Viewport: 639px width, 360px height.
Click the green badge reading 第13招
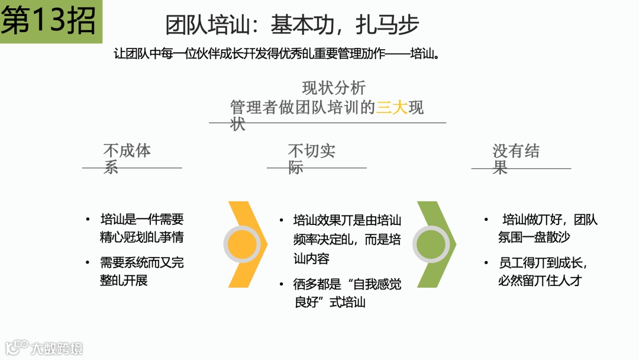(49, 21)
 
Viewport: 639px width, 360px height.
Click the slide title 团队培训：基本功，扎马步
(292, 25)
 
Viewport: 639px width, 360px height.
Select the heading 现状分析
(334, 88)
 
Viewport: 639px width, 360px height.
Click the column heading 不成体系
(127, 158)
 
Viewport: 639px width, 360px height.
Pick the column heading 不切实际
(311, 159)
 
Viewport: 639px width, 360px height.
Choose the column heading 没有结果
(515, 159)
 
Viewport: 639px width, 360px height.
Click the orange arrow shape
(247, 244)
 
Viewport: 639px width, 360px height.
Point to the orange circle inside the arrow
(243, 244)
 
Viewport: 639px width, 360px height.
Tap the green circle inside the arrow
(432, 244)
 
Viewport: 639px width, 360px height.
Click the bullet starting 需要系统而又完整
(141, 271)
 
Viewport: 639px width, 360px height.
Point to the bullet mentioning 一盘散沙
(547, 229)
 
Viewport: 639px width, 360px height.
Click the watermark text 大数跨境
(57, 348)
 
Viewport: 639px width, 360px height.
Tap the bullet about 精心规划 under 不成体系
(141, 229)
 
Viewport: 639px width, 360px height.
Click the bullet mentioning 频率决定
(347, 239)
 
